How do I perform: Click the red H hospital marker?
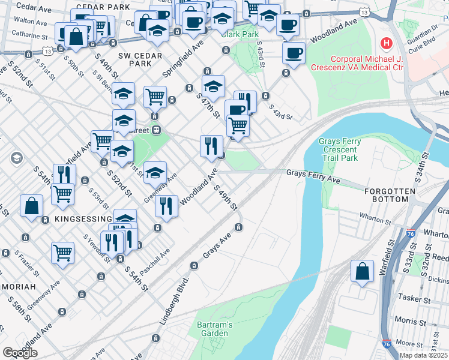[386, 44]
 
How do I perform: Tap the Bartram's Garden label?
[213, 329]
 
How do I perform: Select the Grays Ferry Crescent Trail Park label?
[340, 150]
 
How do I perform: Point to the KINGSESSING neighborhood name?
[83, 219]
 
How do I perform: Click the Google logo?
[20, 353]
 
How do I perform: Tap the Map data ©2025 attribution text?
[423, 355]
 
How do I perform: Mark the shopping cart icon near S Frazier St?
[62, 253]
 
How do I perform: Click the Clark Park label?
[239, 34]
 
